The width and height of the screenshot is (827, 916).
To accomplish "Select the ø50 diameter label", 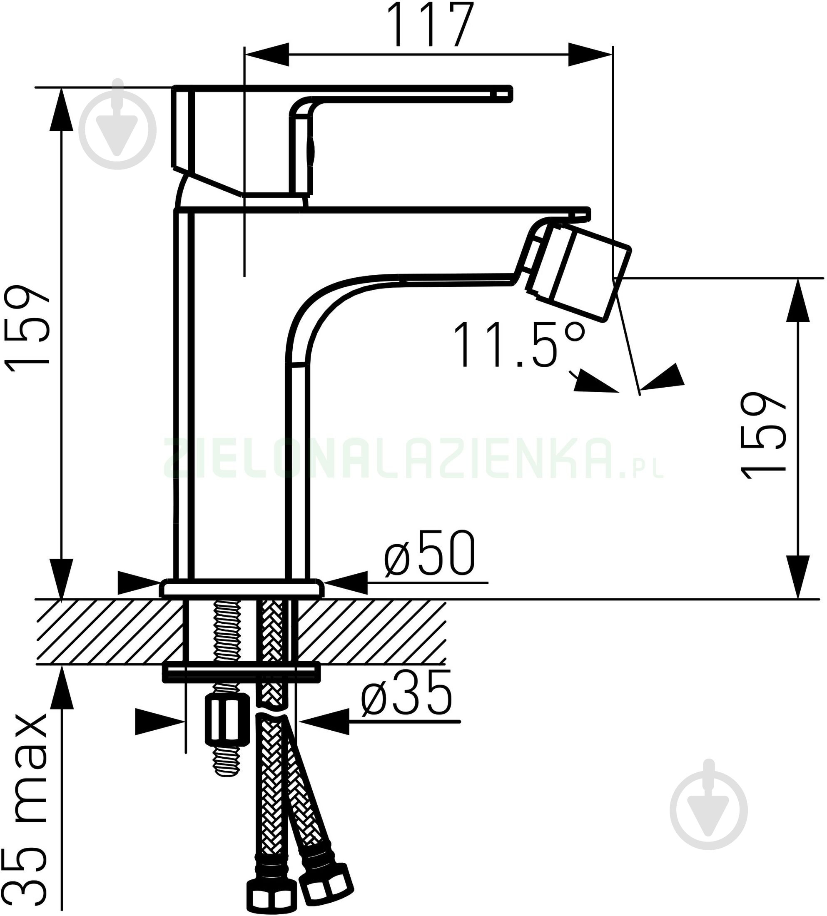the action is click(429, 553).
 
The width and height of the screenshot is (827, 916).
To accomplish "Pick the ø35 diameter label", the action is click(407, 692).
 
